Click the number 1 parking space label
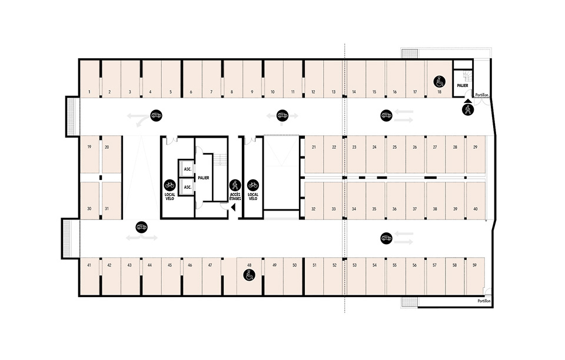pyautogui.click(x=89, y=92)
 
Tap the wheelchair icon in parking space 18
pyautogui.click(x=439, y=82)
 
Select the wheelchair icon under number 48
pyautogui.click(x=249, y=275)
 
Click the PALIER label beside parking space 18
pyautogui.click(x=463, y=86)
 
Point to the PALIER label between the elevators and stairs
pyautogui.click(x=204, y=178)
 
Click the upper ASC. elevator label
pyautogui.click(x=187, y=169)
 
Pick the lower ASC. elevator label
pyautogui.click(x=187, y=187)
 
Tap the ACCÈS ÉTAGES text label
pyautogui.click(x=235, y=196)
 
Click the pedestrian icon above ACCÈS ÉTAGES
pyautogui.click(x=235, y=185)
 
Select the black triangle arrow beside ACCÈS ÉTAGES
pyautogui.click(x=233, y=208)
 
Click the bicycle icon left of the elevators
pyautogui.click(x=169, y=185)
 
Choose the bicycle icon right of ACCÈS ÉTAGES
pyautogui.click(x=253, y=185)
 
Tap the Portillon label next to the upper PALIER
pyautogui.click(x=482, y=95)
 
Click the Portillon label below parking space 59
pyautogui.click(x=484, y=301)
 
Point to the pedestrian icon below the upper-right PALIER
pyautogui.click(x=468, y=110)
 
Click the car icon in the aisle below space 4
pyautogui.click(x=156, y=115)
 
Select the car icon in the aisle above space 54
pyautogui.click(x=386, y=238)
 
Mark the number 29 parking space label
pyautogui.click(x=476, y=147)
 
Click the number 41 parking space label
pyautogui.click(x=89, y=265)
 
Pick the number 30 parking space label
pyautogui.click(x=89, y=209)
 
